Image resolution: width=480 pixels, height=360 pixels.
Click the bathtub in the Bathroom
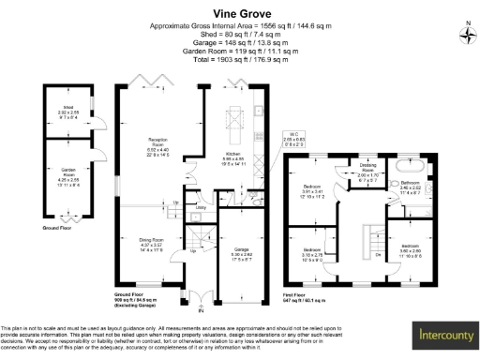pyautogui.click(x=411, y=166)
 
